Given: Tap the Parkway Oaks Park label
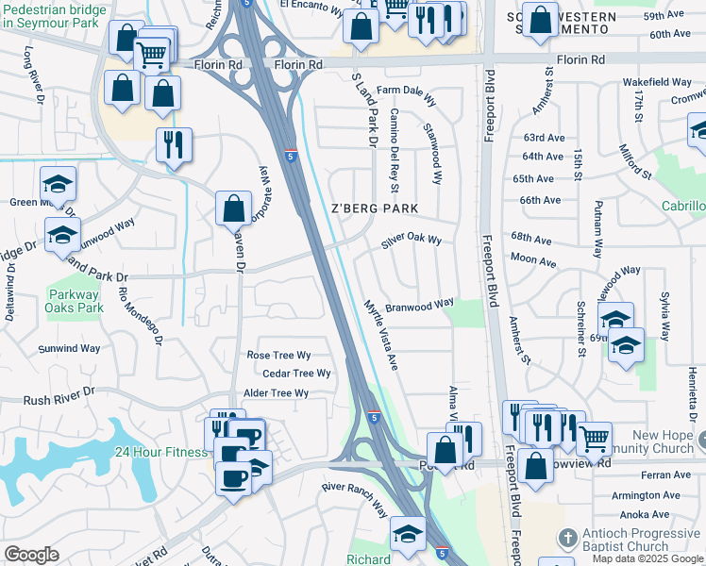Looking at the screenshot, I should coord(75,301).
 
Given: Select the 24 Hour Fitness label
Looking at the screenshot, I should coord(162,452).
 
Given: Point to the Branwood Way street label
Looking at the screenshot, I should coord(419,305).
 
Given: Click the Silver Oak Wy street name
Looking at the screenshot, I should coord(412,241).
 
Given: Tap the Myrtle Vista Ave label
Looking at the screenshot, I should coord(382,334).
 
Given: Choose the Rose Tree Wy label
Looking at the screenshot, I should coord(278,356).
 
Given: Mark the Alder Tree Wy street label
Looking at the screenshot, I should coord(276,393).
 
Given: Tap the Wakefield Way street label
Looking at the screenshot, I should coord(657,83).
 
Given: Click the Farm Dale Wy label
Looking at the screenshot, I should coord(407,91).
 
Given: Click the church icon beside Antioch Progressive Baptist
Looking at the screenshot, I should coord(567,539).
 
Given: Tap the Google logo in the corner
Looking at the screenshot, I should coord(31,555).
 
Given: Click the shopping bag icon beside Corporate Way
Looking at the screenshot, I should coord(233,208).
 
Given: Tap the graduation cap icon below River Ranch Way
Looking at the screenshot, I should coord(407,535).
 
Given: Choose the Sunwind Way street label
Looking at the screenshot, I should coord(69,348).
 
